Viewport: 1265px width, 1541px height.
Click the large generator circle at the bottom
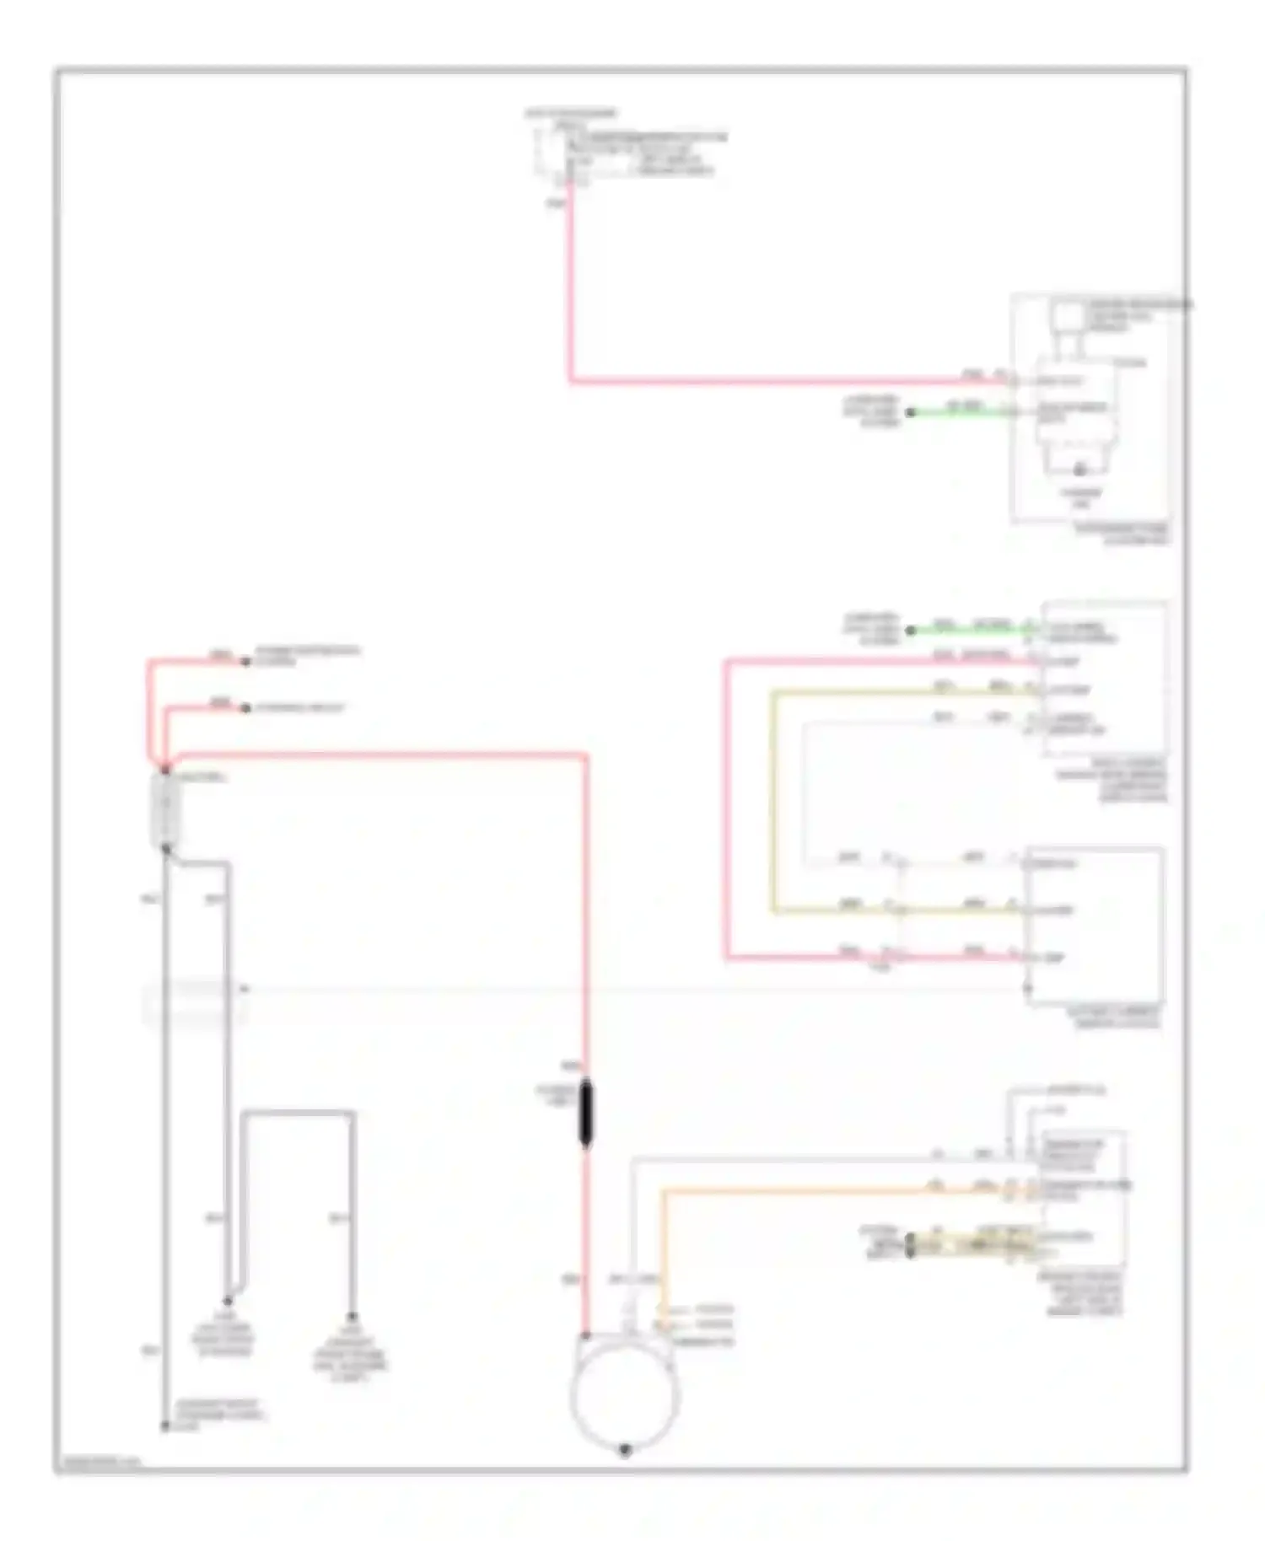[624, 1393]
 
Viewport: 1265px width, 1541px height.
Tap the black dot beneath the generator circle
[625, 1450]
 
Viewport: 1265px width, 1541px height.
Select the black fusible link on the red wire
[586, 1114]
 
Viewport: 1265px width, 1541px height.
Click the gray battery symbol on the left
[165, 810]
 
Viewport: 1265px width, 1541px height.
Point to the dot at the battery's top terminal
[165, 770]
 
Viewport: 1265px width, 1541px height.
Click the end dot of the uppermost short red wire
[245, 662]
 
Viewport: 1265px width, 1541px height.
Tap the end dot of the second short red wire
[245, 708]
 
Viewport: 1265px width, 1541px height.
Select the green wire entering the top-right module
[961, 412]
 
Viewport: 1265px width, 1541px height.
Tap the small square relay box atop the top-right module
[1068, 319]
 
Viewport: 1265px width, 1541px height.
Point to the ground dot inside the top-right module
[1079, 470]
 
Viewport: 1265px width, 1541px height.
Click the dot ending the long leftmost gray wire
[165, 1426]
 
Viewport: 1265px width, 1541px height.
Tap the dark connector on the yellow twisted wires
[911, 1245]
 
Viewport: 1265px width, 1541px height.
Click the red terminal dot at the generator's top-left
[586, 1336]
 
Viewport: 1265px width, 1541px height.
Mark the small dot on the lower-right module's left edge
[1027, 988]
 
